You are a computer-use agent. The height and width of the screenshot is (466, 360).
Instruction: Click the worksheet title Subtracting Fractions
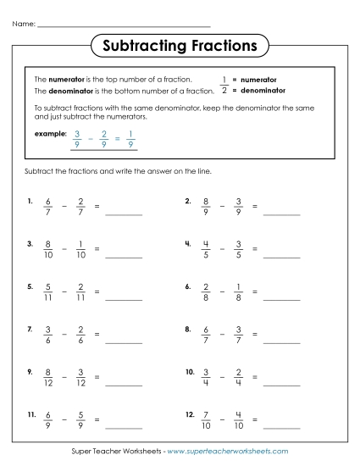click(x=179, y=43)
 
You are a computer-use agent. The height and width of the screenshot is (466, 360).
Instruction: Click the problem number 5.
click(x=30, y=286)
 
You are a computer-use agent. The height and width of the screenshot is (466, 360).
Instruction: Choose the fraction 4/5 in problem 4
click(x=206, y=249)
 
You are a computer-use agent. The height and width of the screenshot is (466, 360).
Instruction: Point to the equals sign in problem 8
click(x=254, y=334)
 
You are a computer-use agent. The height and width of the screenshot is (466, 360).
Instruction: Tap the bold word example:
click(x=49, y=134)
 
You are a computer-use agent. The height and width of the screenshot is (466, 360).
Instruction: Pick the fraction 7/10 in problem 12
click(x=206, y=418)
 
